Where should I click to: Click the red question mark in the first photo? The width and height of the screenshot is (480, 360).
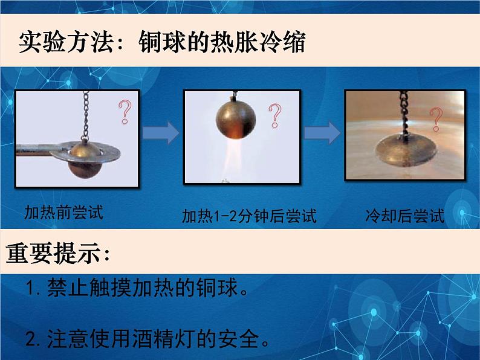125,112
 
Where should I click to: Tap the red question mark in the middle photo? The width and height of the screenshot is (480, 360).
276,115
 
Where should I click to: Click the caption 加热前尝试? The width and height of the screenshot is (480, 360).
63,213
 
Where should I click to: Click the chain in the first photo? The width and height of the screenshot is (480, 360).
85,115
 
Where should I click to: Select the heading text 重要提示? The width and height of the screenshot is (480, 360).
57,254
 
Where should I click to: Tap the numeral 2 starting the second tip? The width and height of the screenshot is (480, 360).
33,338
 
